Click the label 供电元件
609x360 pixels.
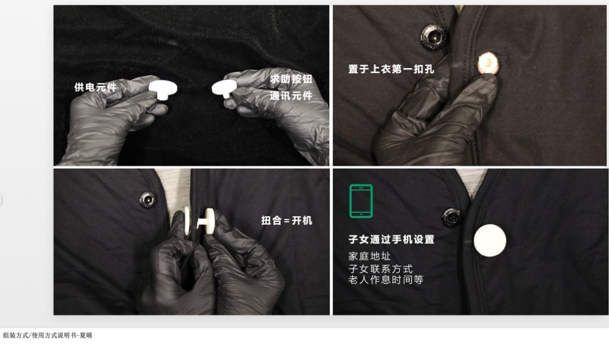(x=95, y=87)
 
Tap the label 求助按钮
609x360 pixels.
(x=292, y=79)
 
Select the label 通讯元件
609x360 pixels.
(x=292, y=95)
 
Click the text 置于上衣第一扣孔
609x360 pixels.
(x=391, y=69)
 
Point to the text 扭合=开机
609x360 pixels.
(x=286, y=221)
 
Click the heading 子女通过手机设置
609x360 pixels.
(x=391, y=239)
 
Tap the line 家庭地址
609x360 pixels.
(x=369, y=256)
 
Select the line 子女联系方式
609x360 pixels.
(x=380, y=269)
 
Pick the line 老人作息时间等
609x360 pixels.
(x=386, y=279)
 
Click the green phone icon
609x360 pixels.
(x=361, y=201)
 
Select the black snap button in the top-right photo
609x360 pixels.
(x=434, y=37)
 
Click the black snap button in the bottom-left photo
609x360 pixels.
(x=148, y=199)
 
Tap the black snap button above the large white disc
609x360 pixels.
(x=452, y=217)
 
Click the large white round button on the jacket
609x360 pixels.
(x=490, y=240)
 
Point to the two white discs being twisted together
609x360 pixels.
(x=199, y=222)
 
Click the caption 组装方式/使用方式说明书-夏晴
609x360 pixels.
(x=47, y=335)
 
